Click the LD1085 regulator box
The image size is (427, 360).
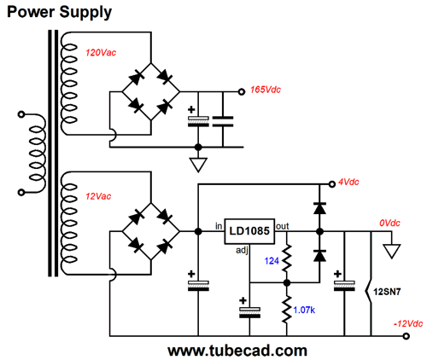tap(249, 231)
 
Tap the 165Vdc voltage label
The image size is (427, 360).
tap(266, 90)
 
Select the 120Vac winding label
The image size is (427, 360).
tap(101, 53)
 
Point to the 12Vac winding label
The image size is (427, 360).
tap(98, 196)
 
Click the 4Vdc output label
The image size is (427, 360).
tap(348, 182)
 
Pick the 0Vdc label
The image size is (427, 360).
tap(389, 223)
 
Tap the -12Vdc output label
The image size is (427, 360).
tap(408, 323)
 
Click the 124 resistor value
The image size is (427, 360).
tap(272, 261)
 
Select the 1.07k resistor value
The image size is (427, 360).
tap(304, 310)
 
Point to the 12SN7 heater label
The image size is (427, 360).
tap(387, 292)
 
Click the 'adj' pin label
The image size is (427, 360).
tap(242, 251)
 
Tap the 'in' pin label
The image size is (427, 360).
tap(219, 226)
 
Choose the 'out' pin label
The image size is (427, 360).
tap(283, 226)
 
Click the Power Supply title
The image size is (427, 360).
tap(59, 13)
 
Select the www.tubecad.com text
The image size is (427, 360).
tap(237, 351)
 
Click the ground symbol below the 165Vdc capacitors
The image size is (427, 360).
tap(198, 165)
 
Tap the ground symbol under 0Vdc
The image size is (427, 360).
tap(392, 251)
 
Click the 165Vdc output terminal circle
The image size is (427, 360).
tap(242, 92)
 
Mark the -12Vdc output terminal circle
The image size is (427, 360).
tap(407, 336)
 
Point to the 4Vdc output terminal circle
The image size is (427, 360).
tap(332, 184)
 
